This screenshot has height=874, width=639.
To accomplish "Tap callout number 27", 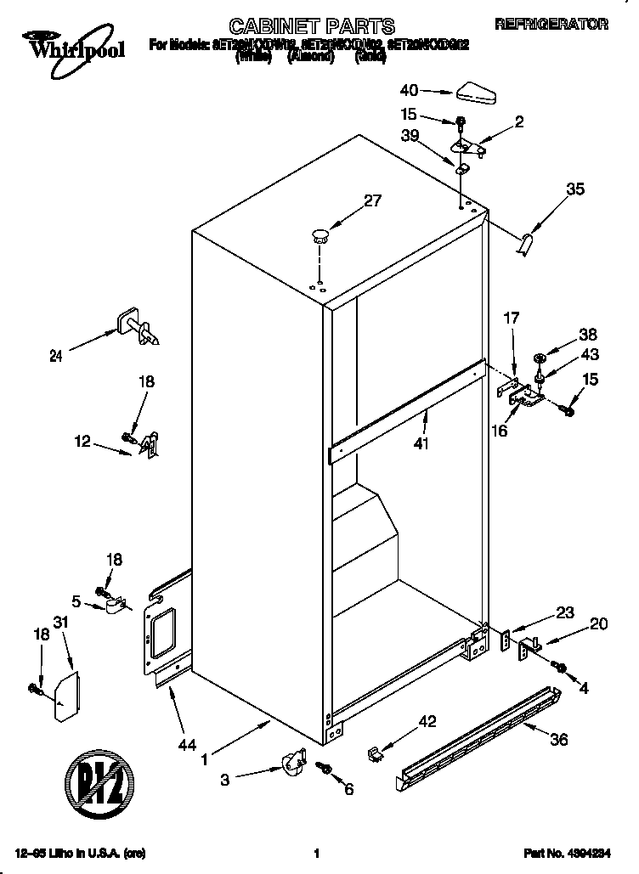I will click(372, 201).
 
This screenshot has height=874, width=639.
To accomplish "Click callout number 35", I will click(575, 190).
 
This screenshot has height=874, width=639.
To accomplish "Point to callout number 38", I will click(587, 334).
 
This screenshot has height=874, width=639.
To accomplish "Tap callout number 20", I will click(598, 623).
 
